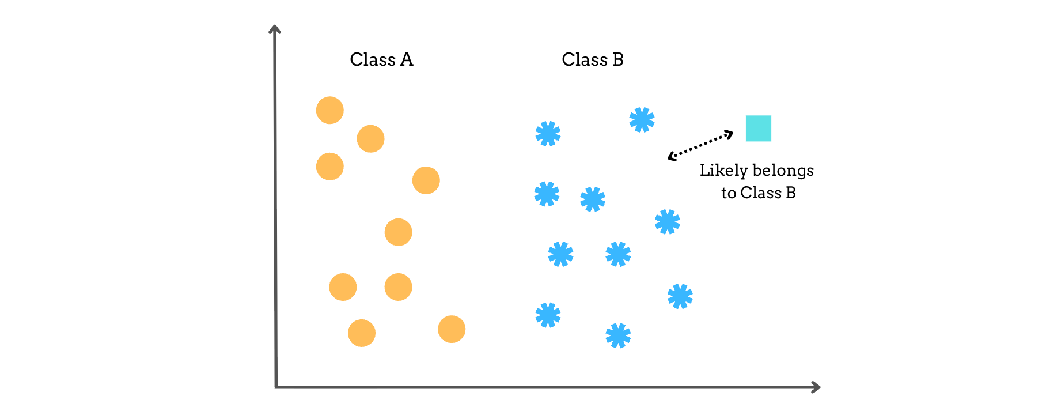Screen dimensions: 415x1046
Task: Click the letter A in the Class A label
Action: (x=407, y=60)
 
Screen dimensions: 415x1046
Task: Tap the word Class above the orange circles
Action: (x=372, y=60)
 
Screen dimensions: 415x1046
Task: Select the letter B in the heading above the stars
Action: (x=618, y=60)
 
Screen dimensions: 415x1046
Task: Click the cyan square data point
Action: (x=758, y=129)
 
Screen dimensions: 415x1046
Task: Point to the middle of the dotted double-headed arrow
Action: (x=700, y=145)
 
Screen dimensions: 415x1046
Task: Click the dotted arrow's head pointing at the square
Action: (x=730, y=134)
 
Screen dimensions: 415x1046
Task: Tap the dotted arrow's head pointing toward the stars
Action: (x=671, y=156)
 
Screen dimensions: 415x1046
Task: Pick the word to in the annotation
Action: (x=729, y=193)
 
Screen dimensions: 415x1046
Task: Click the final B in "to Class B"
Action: (x=791, y=193)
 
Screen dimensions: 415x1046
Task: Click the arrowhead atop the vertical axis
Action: (x=275, y=28)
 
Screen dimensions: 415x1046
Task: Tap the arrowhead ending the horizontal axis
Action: (x=817, y=387)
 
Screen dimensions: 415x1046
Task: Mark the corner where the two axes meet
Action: (x=276, y=387)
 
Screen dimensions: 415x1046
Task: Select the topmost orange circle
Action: (x=330, y=110)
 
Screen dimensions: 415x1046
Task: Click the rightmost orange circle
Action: (x=452, y=329)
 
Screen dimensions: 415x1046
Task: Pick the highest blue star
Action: (x=642, y=120)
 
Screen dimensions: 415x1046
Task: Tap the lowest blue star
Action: (x=618, y=335)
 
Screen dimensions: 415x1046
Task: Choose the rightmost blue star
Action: (x=680, y=296)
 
